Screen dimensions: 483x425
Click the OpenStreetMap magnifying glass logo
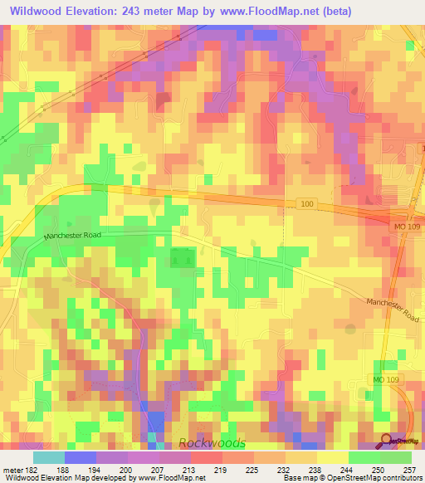click(387, 440)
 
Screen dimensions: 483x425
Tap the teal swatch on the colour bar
click(48, 457)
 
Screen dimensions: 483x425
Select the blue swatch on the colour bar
click(80, 457)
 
